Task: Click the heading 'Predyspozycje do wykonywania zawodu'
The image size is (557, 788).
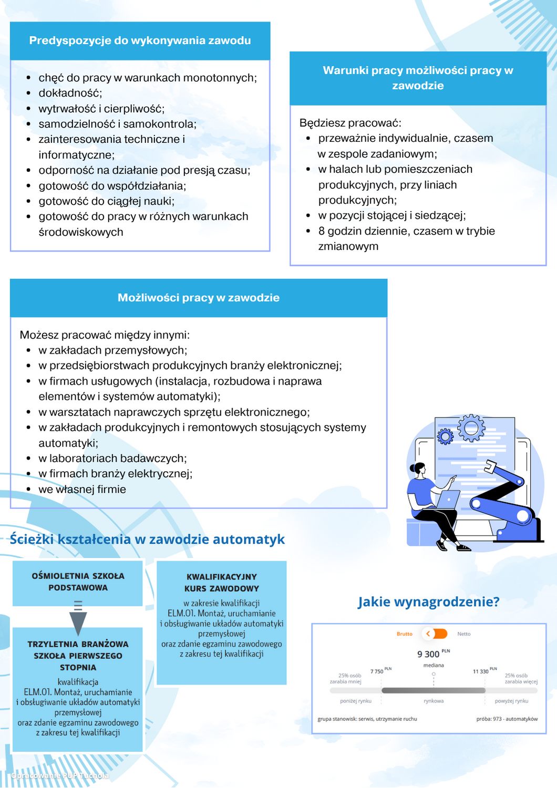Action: coord(140,40)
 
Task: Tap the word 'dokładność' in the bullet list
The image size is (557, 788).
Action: coord(70,93)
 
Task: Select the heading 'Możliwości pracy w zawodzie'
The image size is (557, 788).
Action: coord(198,298)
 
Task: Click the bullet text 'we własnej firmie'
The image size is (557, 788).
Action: coord(82,489)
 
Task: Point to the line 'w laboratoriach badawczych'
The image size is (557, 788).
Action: coord(112,458)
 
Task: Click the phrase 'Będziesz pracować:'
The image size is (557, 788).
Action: coord(350,123)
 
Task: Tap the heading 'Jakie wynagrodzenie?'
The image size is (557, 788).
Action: coord(428,602)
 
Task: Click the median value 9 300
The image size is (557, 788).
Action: coord(428,654)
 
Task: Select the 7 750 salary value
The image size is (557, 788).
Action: coord(377,671)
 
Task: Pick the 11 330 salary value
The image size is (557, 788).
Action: coord(480,671)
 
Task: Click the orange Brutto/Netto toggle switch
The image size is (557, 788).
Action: coord(435,634)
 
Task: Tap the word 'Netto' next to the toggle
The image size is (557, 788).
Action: coord(463,634)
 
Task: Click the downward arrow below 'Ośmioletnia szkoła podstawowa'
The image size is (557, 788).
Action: coord(78,620)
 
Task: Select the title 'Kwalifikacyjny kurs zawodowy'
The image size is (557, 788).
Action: coord(222,583)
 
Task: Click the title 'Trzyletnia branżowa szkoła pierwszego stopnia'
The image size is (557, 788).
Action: coord(78,656)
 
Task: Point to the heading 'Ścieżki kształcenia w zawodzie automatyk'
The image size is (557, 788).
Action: coord(147,539)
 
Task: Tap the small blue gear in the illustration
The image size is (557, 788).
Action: coord(445,436)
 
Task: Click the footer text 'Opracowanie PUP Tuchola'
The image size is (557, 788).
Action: coord(60,775)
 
